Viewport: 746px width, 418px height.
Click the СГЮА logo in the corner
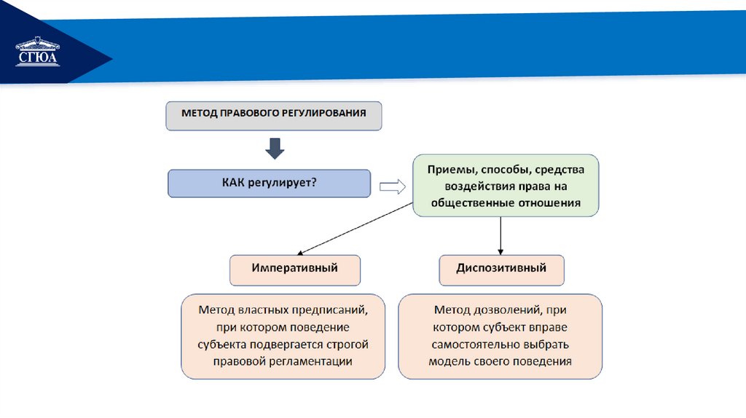38,52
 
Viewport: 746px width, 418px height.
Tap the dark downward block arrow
275,148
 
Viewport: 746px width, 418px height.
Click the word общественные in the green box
467,203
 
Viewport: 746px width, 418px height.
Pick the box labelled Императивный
295,269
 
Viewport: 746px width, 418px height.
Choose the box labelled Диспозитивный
501,269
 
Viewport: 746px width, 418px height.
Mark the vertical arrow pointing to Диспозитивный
501,234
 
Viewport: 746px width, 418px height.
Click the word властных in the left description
272,309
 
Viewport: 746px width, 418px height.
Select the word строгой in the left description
349,344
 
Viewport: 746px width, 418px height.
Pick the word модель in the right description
448,361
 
